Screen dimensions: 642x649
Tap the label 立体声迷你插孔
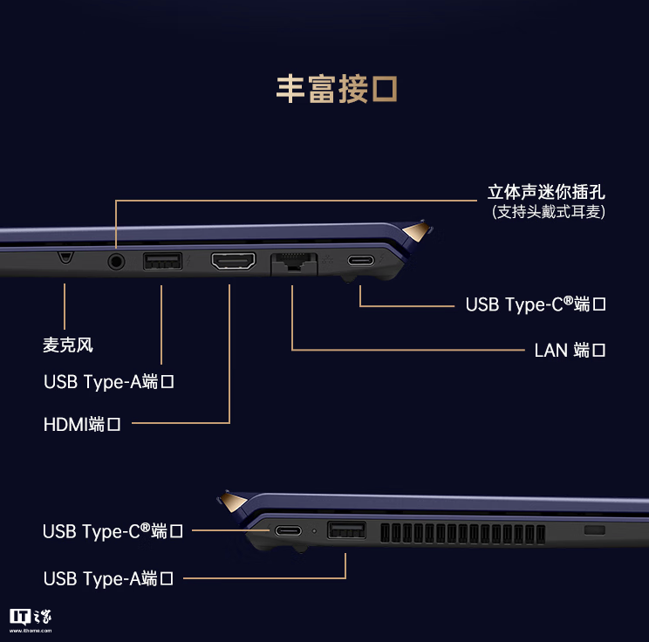pos(546,192)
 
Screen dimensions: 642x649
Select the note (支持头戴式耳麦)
pos(549,212)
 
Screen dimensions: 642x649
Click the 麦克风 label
pos(68,345)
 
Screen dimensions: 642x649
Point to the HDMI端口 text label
pos(82,425)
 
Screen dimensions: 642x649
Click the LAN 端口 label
pos(570,351)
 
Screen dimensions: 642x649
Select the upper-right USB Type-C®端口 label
pos(536,304)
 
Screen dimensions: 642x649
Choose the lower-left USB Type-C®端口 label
pos(113,531)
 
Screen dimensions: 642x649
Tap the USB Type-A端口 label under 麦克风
pos(109,382)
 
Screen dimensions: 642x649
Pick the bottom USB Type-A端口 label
pos(109,578)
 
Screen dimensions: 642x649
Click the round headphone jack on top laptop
pos(115,260)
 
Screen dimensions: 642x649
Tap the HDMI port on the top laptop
pos(233,260)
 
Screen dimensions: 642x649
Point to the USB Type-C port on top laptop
pos(360,260)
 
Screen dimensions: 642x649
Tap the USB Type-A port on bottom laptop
pos(346,529)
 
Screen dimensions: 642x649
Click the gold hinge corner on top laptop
pos(419,231)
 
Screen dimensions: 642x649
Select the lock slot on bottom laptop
pos(593,530)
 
